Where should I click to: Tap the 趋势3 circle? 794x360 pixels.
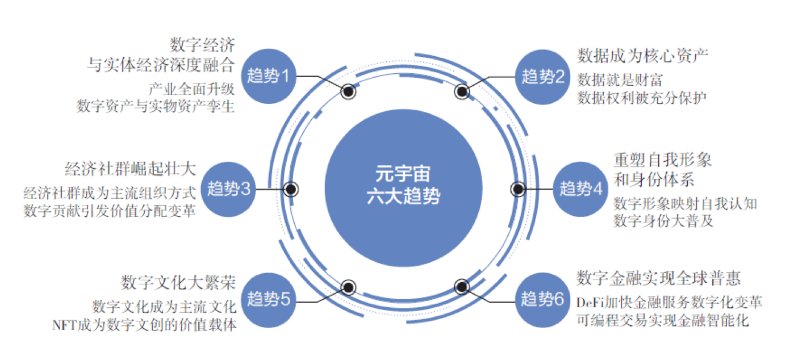[229, 189]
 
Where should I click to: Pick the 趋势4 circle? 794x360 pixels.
[581, 189]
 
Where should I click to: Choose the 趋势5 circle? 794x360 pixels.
[269, 299]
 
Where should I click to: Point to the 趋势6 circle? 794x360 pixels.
[543, 299]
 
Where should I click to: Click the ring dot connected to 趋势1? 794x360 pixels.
[348, 91]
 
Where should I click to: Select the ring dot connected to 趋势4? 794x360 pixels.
[518, 189]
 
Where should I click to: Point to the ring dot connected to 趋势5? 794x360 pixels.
[348, 287]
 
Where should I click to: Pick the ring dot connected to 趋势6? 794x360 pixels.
[461, 287]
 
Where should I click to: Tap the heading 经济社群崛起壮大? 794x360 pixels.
[130, 169]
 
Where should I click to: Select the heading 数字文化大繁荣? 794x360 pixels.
[178, 282]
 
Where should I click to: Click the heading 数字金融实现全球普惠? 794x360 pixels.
[658, 278]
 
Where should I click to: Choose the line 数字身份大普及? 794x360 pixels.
[663, 221]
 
